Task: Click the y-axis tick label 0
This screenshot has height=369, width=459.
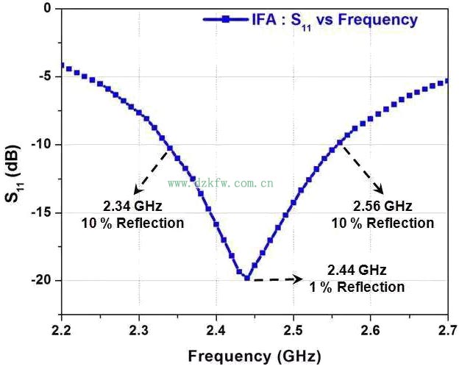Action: pyautogui.click(x=46, y=9)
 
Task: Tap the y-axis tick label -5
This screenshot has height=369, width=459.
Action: pyautogui.click(x=43, y=76)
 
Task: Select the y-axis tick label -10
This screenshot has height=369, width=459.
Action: pyautogui.click(x=40, y=145)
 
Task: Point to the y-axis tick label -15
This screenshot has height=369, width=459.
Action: pyautogui.click(x=40, y=212)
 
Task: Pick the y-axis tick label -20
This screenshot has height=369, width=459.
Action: pyautogui.click(x=40, y=280)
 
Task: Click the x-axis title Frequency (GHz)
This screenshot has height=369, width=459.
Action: pyautogui.click(x=254, y=357)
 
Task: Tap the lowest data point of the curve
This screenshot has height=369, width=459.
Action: pyautogui.click(x=247, y=278)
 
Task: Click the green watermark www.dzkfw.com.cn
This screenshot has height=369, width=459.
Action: pyautogui.click(x=221, y=182)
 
